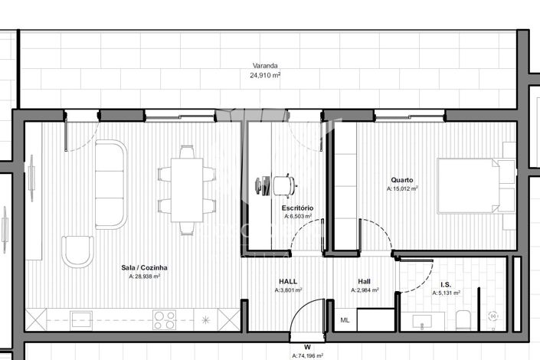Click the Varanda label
266,66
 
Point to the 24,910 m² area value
266,76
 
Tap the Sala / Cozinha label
144,267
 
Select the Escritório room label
296,208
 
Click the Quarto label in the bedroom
402,180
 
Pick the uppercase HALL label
288,281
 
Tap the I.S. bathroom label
447,283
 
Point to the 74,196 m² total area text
307,355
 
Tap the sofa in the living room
110,184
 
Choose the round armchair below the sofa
77,251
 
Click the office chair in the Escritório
283,185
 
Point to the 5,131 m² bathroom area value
447,293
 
